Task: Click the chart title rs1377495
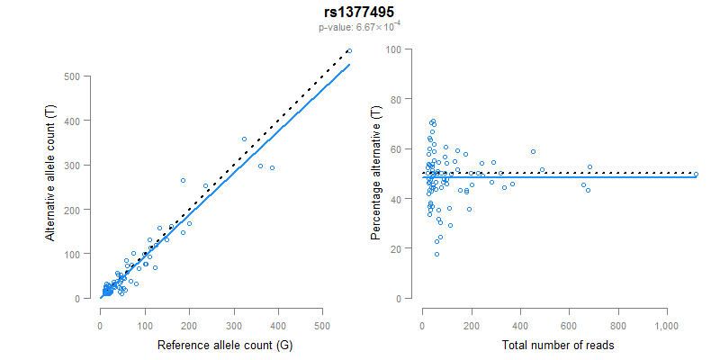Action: (x=360, y=13)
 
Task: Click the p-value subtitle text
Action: (x=360, y=27)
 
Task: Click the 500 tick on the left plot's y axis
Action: (x=81, y=76)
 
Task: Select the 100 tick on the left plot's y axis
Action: (x=81, y=254)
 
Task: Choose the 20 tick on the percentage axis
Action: (x=394, y=248)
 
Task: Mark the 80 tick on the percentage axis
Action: (x=394, y=99)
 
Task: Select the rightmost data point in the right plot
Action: (x=696, y=175)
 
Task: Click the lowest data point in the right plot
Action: (x=436, y=254)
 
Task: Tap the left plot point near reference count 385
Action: (x=272, y=167)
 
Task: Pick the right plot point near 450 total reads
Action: (x=533, y=151)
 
